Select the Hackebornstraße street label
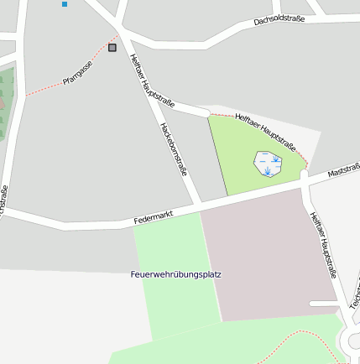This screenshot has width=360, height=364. (x=174, y=148)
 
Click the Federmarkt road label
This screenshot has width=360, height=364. (x=153, y=216)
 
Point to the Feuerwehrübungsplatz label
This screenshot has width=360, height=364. (x=176, y=274)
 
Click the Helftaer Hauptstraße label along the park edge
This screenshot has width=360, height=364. (x=266, y=127)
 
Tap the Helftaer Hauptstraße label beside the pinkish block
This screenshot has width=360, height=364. (x=323, y=244)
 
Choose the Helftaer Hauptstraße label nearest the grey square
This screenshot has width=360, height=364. (x=152, y=81)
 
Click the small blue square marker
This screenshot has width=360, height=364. (x=65, y=4)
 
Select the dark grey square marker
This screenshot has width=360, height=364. (x=112, y=48)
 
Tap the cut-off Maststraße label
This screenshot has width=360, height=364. (x=344, y=171)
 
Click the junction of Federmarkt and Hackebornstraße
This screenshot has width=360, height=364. (x=200, y=206)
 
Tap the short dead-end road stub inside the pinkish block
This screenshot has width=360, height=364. (x=323, y=304)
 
